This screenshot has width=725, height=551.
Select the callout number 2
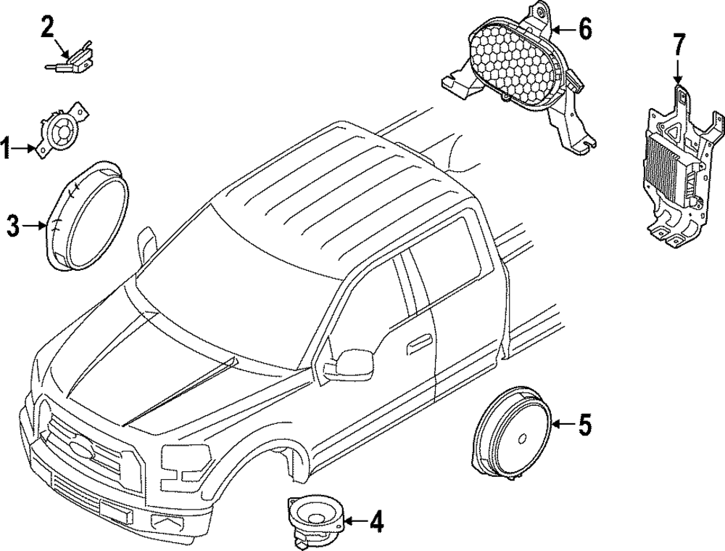click(x=47, y=28)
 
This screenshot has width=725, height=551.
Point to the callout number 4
click(x=375, y=521)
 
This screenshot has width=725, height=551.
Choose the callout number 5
click(x=584, y=424)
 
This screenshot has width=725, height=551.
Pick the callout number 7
click(x=677, y=45)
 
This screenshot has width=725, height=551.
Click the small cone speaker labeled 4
click(x=315, y=517)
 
